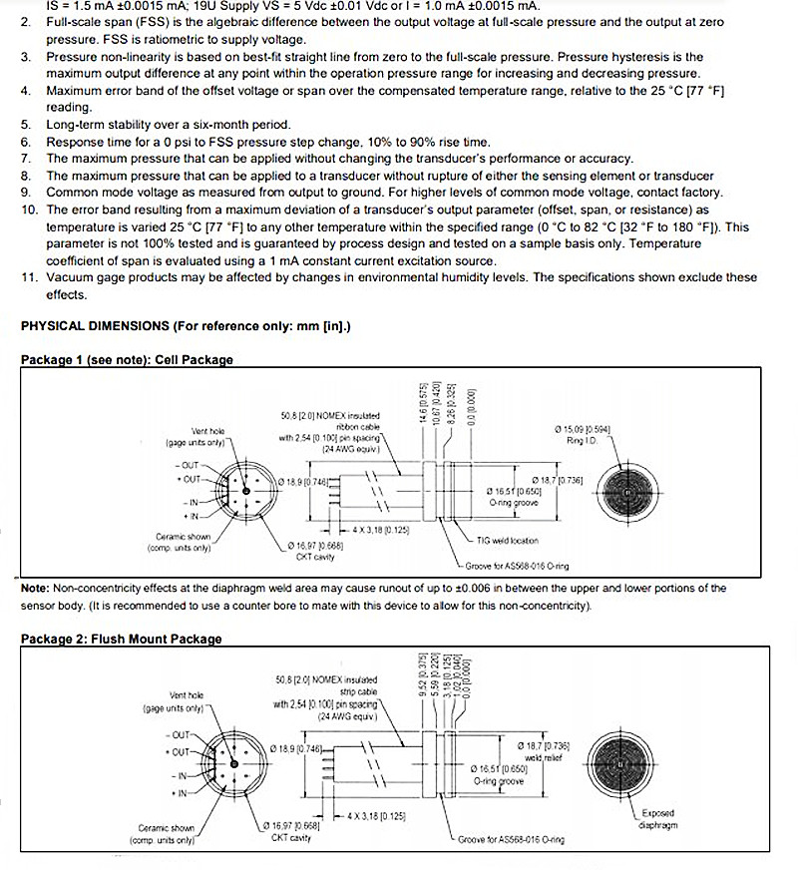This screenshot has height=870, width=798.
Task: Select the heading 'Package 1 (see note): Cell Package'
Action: [x=127, y=359]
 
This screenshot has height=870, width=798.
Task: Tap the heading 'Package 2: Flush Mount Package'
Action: [x=121, y=639]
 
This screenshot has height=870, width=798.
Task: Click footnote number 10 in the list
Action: [x=29, y=210]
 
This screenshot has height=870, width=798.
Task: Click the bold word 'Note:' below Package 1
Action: [x=36, y=589]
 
